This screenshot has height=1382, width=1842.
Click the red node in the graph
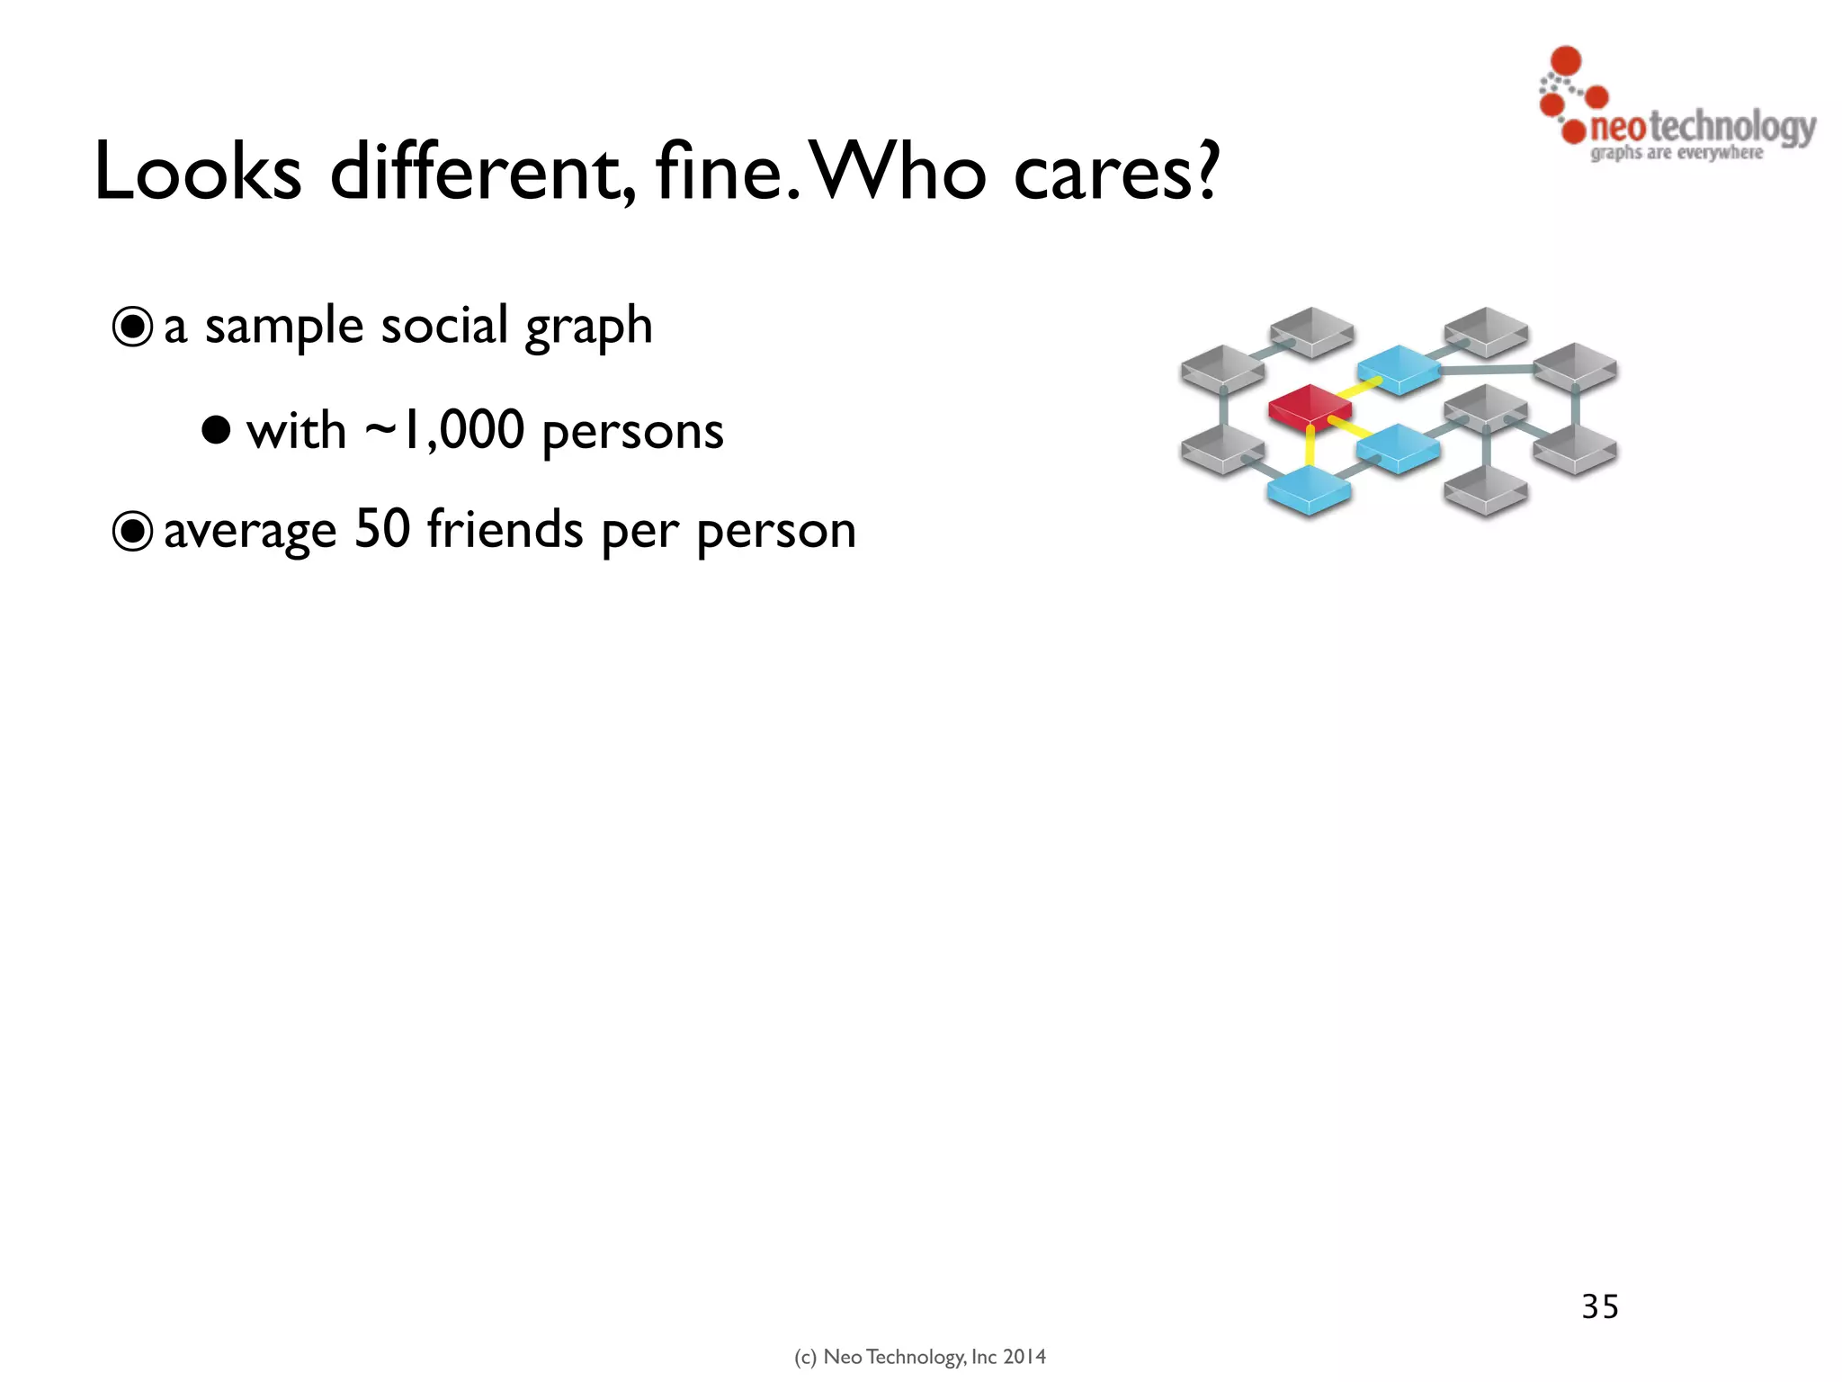click(x=1310, y=406)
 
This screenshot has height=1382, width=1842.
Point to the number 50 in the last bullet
click(x=382, y=529)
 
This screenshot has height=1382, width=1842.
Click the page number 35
click(x=1600, y=1306)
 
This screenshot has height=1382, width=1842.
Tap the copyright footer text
click(x=920, y=1357)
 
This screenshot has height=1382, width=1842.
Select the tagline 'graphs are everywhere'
click(x=1677, y=153)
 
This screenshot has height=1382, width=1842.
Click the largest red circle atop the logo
click(x=1566, y=60)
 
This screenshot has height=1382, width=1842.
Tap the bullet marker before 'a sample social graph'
click(x=132, y=327)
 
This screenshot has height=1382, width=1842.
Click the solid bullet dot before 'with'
click(x=216, y=430)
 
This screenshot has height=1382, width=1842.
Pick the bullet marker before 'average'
click(x=132, y=531)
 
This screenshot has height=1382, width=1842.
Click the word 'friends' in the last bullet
click(x=505, y=529)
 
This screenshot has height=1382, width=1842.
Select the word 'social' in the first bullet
click(x=444, y=325)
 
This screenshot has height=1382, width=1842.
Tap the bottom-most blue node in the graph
click(x=1309, y=491)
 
